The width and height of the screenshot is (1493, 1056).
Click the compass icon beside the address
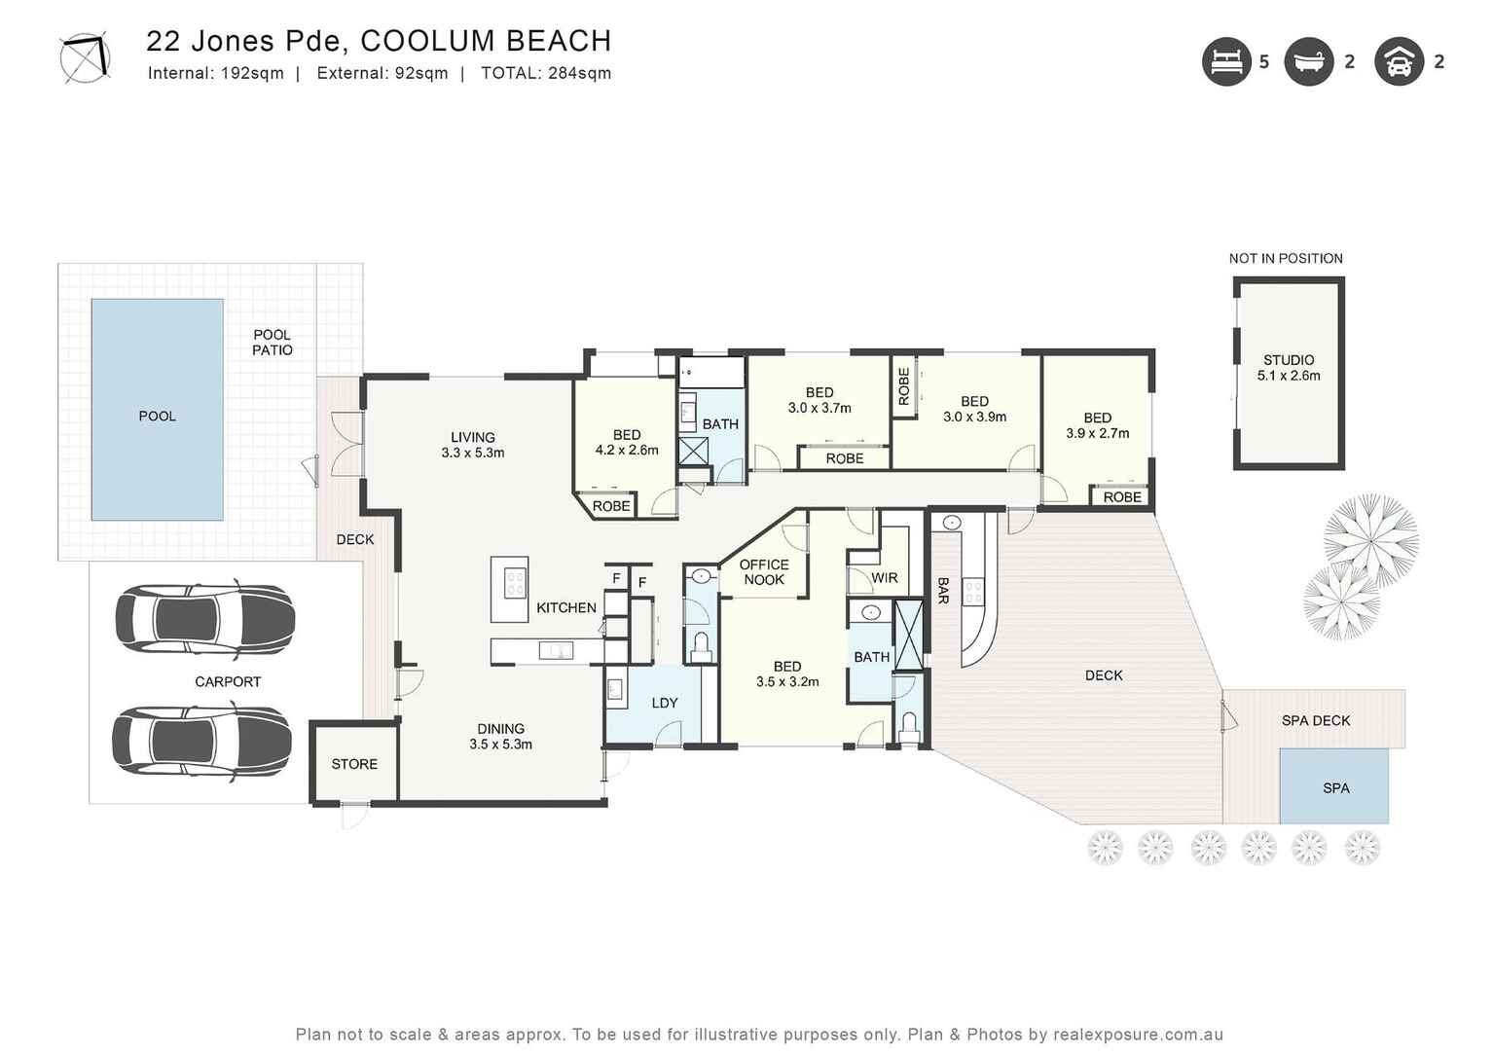click(x=85, y=58)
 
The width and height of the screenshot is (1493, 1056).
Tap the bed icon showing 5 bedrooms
click(x=1225, y=61)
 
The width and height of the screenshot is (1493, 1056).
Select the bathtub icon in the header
click(x=1308, y=61)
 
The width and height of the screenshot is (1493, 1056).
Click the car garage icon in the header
click(x=1399, y=61)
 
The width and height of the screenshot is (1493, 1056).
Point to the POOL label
click(x=157, y=416)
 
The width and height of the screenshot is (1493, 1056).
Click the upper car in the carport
click(x=204, y=620)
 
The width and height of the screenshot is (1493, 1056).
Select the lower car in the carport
click(x=201, y=741)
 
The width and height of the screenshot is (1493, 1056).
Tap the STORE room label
click(x=354, y=764)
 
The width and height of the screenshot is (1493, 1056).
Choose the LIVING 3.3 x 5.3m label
click(x=473, y=445)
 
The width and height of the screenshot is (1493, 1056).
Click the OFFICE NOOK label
click(x=764, y=572)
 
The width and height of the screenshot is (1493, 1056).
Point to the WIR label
click(x=884, y=578)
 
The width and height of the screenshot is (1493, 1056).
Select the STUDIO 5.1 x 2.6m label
click(x=1289, y=368)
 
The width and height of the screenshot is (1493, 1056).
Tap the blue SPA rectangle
click(x=1334, y=787)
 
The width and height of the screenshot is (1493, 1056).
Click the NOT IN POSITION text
click(x=1286, y=258)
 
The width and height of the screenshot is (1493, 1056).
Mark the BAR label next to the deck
click(x=942, y=591)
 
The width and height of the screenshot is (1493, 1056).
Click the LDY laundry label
click(x=665, y=703)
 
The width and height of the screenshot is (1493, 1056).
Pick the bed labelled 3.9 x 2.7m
click(x=1097, y=425)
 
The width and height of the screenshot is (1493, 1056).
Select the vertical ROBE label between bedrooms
click(x=904, y=386)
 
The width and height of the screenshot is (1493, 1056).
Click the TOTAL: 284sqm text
click(x=546, y=73)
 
